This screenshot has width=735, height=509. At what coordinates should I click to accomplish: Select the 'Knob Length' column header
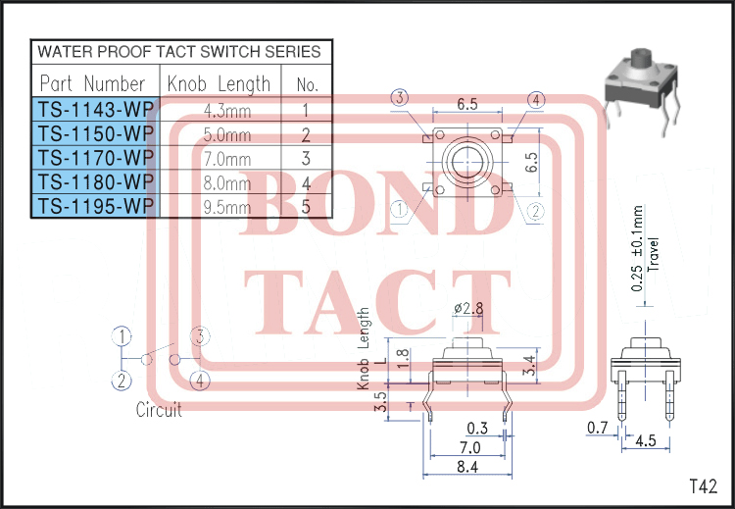click(x=219, y=83)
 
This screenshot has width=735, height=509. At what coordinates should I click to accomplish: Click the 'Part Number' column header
click(x=93, y=83)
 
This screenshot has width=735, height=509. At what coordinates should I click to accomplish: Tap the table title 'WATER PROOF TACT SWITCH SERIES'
click(x=178, y=51)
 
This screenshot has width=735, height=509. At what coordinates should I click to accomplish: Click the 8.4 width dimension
click(x=466, y=468)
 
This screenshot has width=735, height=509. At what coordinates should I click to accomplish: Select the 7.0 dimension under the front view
click(x=466, y=447)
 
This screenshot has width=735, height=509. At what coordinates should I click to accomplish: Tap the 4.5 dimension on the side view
click(x=646, y=440)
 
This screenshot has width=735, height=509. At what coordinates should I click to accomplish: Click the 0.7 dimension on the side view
click(x=596, y=428)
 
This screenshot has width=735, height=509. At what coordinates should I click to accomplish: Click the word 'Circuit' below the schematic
click(x=159, y=410)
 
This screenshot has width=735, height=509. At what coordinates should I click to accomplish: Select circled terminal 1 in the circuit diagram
click(x=122, y=336)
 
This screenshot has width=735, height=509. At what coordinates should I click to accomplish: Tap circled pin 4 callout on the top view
click(x=536, y=99)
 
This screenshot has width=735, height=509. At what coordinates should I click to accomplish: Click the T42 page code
click(x=704, y=485)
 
